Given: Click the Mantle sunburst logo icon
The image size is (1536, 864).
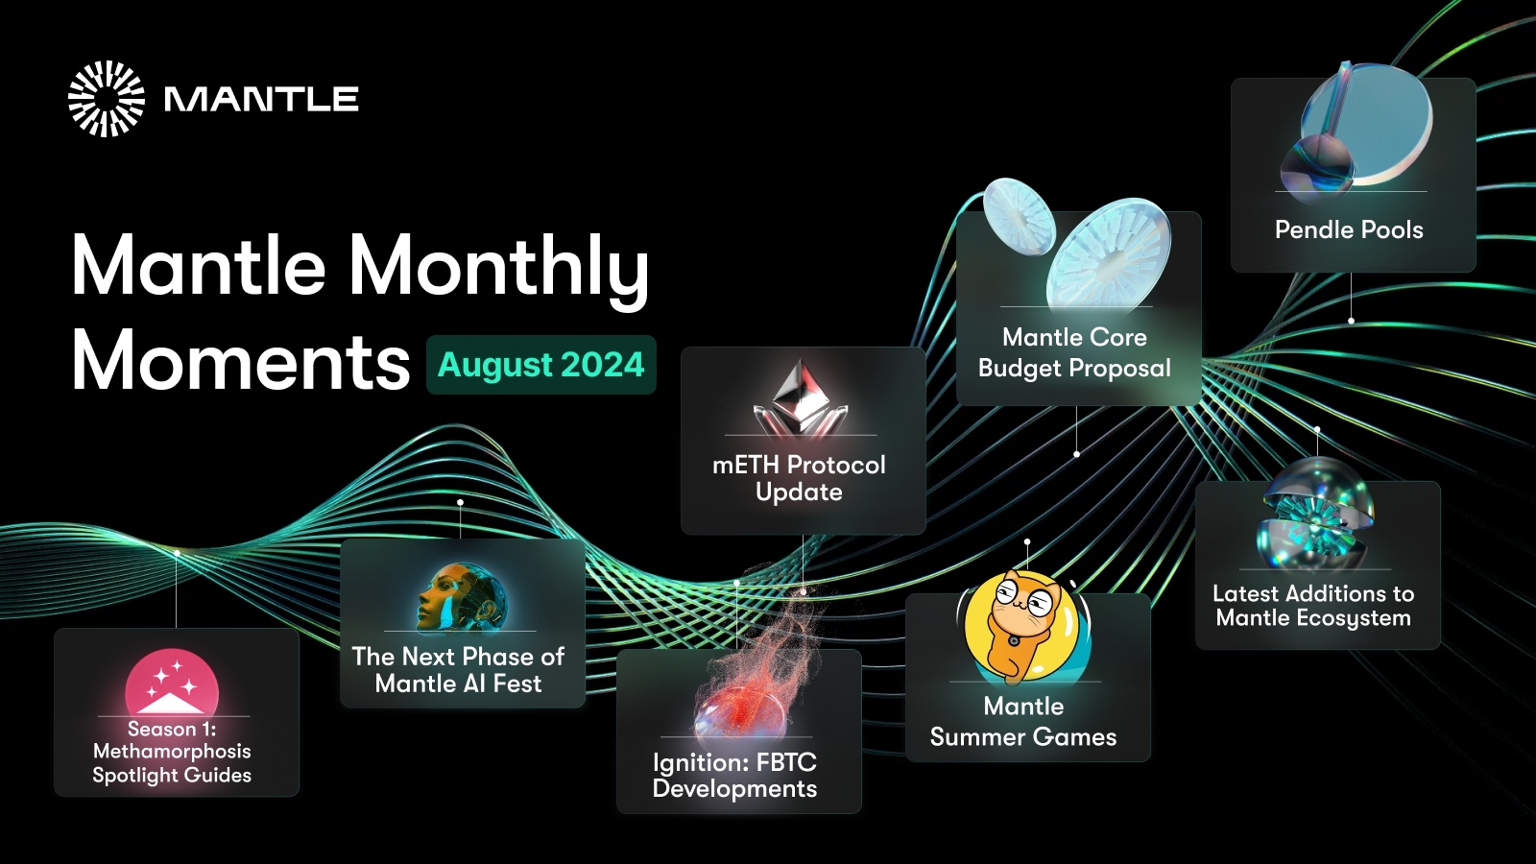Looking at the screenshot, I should pyautogui.click(x=106, y=99).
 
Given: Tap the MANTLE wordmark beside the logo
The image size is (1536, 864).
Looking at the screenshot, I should pyautogui.click(x=261, y=99).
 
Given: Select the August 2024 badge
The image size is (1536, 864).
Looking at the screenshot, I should pyautogui.click(x=540, y=365).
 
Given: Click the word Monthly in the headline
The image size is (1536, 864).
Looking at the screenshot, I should pyautogui.click(x=498, y=266).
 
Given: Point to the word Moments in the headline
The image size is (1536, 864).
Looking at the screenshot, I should pyautogui.click(x=240, y=362).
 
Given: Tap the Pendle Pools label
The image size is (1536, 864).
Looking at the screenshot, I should pyautogui.click(x=1349, y=230).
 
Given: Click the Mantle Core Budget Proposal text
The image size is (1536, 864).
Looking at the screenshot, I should pyautogui.click(x=1074, y=352).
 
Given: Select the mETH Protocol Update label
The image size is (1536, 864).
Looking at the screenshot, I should pyautogui.click(x=799, y=478).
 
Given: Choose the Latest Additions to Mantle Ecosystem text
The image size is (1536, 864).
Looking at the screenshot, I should pyautogui.click(x=1313, y=606).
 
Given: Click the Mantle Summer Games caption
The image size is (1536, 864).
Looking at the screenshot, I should pyautogui.click(x=1023, y=722).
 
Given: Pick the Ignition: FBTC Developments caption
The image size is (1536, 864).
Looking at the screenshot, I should pyautogui.click(x=734, y=776).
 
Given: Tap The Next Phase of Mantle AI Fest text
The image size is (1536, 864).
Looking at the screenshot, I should pyautogui.click(x=458, y=670).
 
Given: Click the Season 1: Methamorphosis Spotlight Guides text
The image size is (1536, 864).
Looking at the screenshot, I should pyautogui.click(x=172, y=752).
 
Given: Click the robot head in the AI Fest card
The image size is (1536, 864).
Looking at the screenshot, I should pyautogui.click(x=459, y=597).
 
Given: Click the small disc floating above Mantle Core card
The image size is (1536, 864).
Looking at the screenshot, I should pyautogui.click(x=1019, y=216).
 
